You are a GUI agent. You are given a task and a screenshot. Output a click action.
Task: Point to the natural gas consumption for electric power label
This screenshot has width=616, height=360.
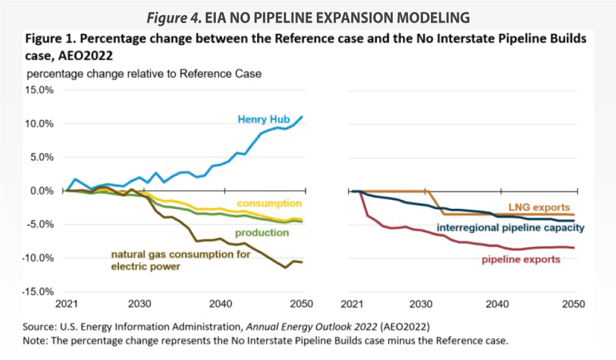[181, 260]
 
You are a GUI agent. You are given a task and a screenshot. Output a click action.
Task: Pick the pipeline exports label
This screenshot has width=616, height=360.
[520, 259]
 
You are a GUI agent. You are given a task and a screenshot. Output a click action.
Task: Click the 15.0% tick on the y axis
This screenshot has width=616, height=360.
[40, 90]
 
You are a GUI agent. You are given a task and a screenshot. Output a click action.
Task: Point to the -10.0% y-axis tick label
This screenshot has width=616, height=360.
[39, 258]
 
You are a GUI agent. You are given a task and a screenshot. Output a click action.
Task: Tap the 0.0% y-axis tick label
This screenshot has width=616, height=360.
[43, 191]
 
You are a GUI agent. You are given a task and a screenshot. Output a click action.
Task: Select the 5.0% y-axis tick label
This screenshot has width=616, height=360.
[43, 157]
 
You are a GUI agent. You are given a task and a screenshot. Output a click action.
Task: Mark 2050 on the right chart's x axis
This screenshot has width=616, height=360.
[573, 304]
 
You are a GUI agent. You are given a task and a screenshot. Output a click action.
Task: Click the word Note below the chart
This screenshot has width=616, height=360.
[35, 341]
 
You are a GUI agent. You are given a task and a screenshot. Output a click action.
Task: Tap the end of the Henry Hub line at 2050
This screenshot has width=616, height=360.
[303, 116]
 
